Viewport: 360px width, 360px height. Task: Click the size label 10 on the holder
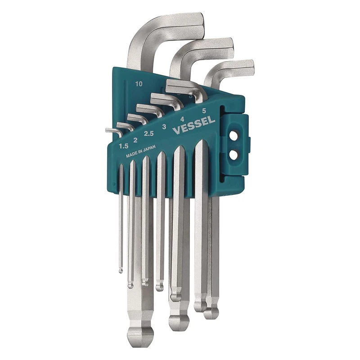tap(139, 84)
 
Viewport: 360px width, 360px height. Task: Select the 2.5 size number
tap(149, 134)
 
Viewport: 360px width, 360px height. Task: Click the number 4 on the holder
tap(182, 119)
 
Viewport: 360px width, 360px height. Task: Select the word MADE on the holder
tap(132, 156)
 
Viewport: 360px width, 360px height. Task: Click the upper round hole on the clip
tap(233, 135)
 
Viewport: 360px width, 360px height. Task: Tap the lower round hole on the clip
tap(233, 154)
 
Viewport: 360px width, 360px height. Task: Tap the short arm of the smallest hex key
tap(111, 131)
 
